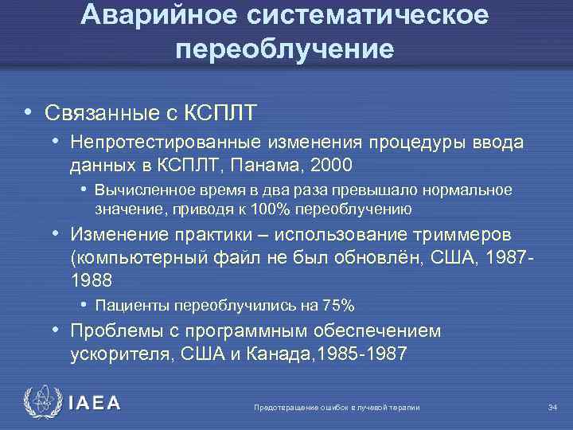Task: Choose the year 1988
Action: (x=92, y=280)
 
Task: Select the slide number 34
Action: (x=552, y=408)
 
